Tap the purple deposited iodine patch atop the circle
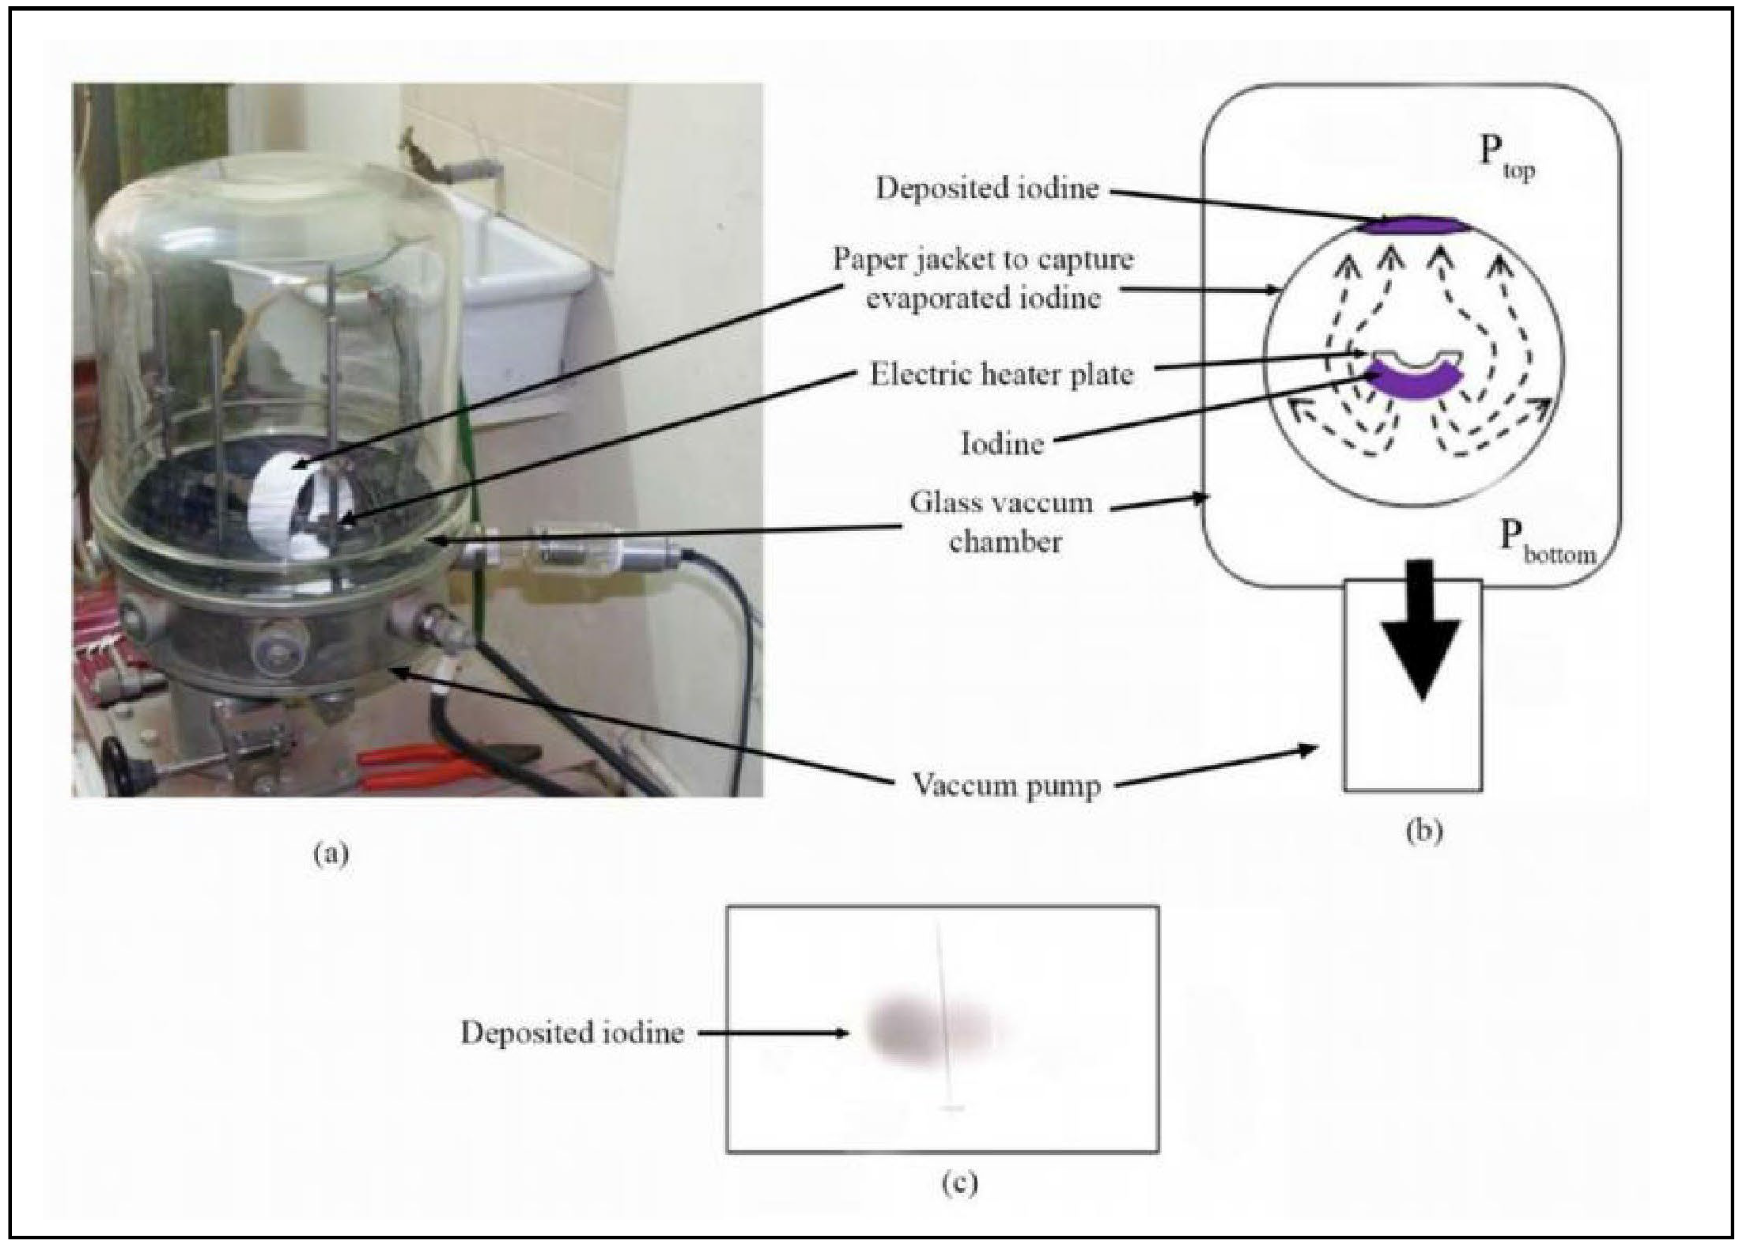pyautogui.click(x=1413, y=225)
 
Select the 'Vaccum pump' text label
pyautogui.click(x=1006, y=786)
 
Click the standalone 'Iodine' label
pyautogui.click(x=1001, y=443)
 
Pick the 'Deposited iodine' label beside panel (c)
pyautogui.click(x=572, y=1032)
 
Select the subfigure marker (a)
pyautogui.click(x=331, y=854)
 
